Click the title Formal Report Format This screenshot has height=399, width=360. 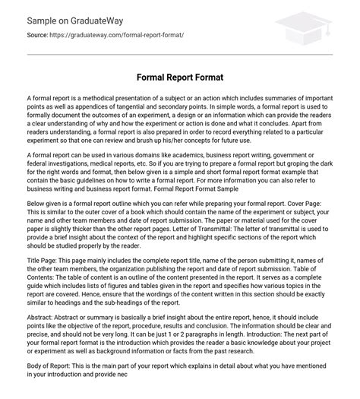(180, 76)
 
